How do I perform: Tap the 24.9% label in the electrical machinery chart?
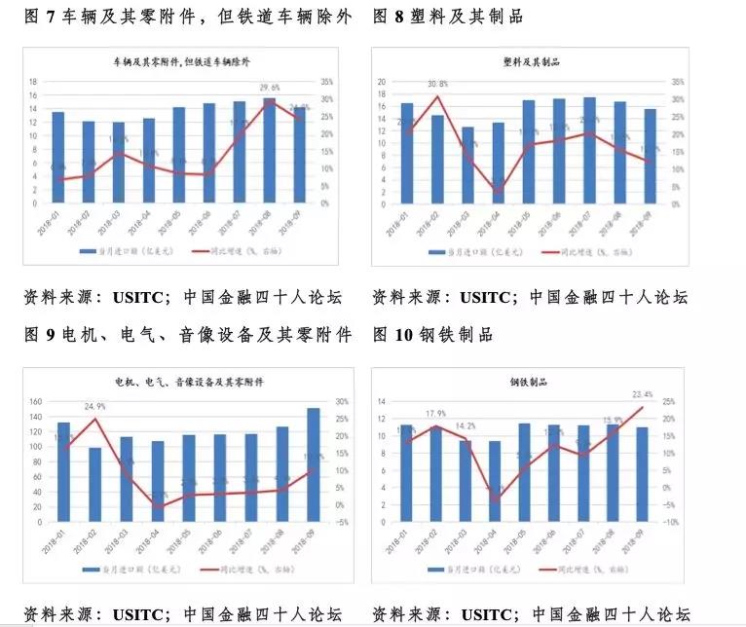[x=94, y=406]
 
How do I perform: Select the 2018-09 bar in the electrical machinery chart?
[x=313, y=463]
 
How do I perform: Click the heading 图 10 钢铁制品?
[x=432, y=335]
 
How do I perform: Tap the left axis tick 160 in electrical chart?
[x=37, y=401]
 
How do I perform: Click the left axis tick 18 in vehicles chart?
[x=33, y=82]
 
